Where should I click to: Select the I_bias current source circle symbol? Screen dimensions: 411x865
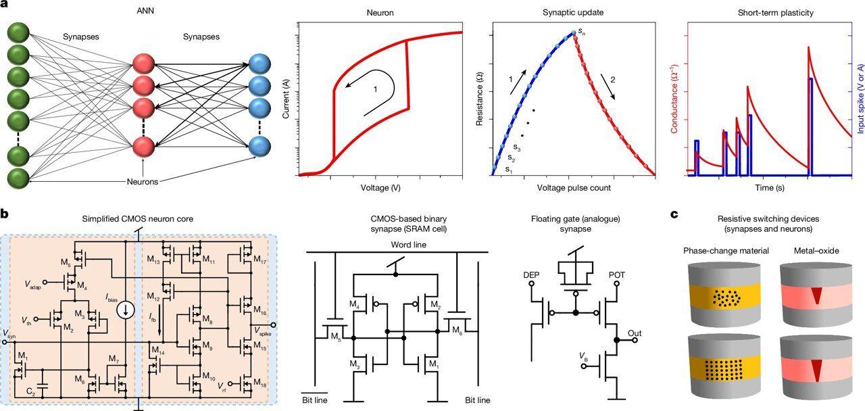pos(125,310)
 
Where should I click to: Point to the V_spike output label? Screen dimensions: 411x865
pos(258,329)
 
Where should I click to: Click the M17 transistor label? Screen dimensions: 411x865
pos(259,261)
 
